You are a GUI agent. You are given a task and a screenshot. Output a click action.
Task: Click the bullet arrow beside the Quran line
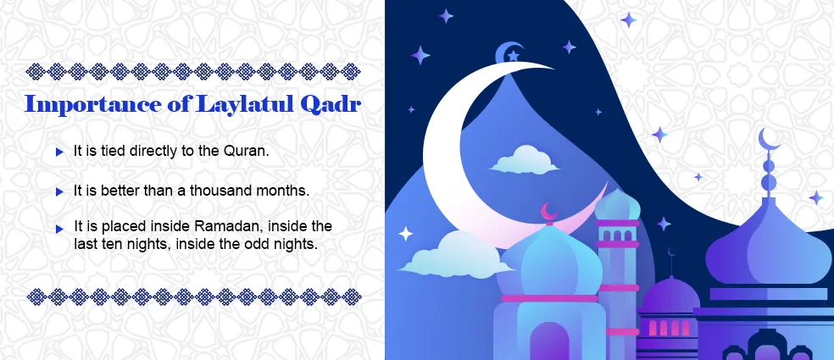pos(59,152)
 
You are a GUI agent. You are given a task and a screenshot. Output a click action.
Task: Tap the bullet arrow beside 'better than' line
pos(59,191)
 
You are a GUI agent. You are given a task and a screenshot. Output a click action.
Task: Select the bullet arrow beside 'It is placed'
pos(59,228)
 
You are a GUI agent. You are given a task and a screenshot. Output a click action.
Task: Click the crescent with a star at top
pos(510,53)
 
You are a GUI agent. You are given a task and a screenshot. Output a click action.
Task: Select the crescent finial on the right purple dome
pos(769,138)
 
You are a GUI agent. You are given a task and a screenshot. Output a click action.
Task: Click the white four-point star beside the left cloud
pos(406,233)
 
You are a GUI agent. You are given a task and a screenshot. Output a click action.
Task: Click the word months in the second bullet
pos(285,191)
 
